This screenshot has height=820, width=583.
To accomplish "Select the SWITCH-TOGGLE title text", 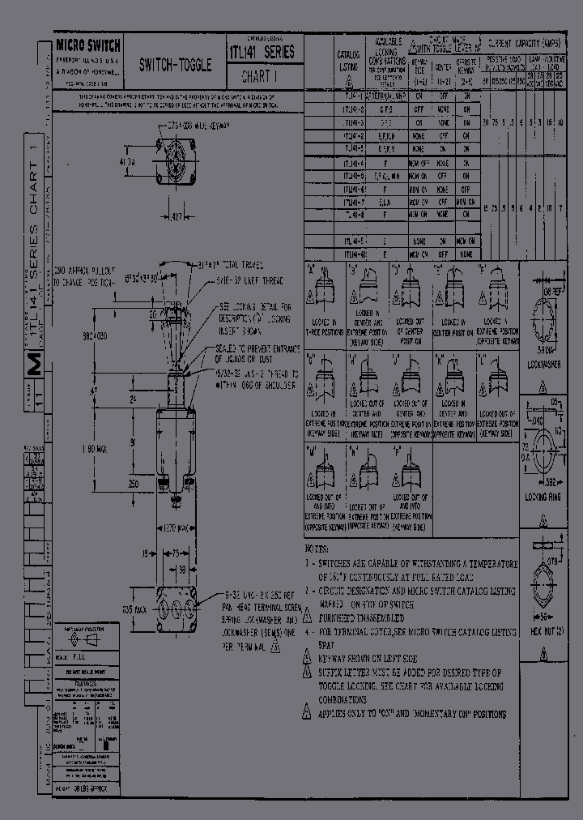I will point(176,65).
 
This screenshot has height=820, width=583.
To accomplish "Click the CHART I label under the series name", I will point(259,78).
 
